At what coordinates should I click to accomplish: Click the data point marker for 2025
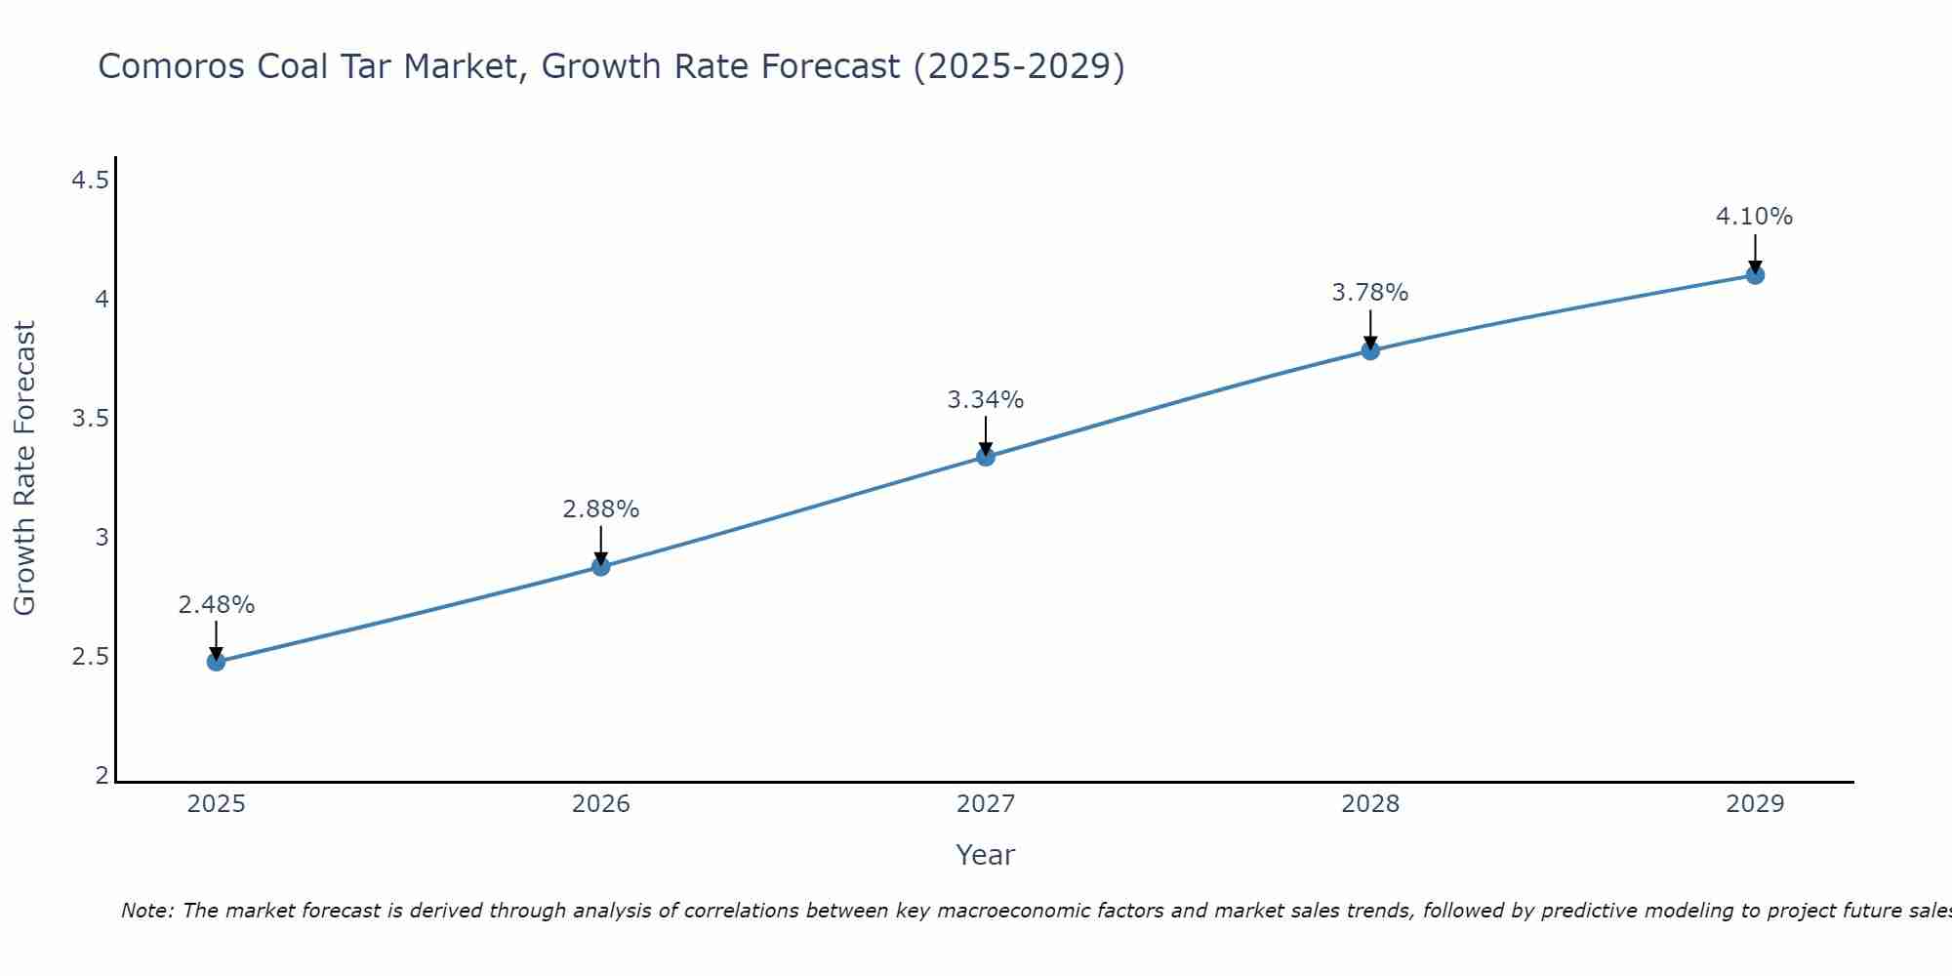pos(216,662)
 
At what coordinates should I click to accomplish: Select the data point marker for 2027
pos(986,457)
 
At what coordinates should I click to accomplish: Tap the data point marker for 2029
pos(1755,275)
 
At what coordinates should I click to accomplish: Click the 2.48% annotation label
pos(216,605)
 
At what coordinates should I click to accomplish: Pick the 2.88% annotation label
pos(600,509)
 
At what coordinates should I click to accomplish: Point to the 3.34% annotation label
pos(986,400)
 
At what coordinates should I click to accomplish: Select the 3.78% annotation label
pos(1370,293)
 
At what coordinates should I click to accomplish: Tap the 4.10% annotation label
pos(1754,217)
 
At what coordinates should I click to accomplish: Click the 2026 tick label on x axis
pos(600,804)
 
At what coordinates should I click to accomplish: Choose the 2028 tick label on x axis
pos(1370,804)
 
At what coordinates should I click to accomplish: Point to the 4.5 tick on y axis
pos(90,181)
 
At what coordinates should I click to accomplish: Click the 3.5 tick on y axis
pos(90,419)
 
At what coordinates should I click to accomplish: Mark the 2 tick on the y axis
pos(102,776)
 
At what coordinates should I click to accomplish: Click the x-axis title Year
pos(986,855)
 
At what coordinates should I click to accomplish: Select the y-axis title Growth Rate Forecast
pos(24,468)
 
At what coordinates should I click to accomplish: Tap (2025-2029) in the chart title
pos(1018,66)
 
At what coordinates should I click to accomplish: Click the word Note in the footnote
pos(146,911)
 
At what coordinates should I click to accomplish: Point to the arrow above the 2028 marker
pos(1370,328)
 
